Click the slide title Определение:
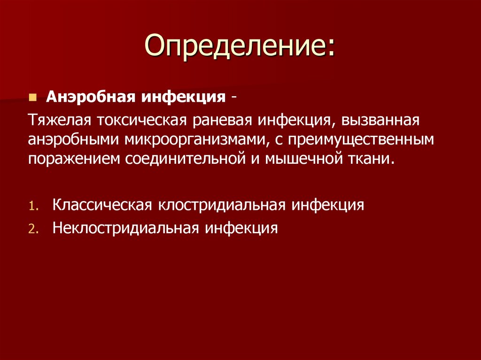coord(240,47)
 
